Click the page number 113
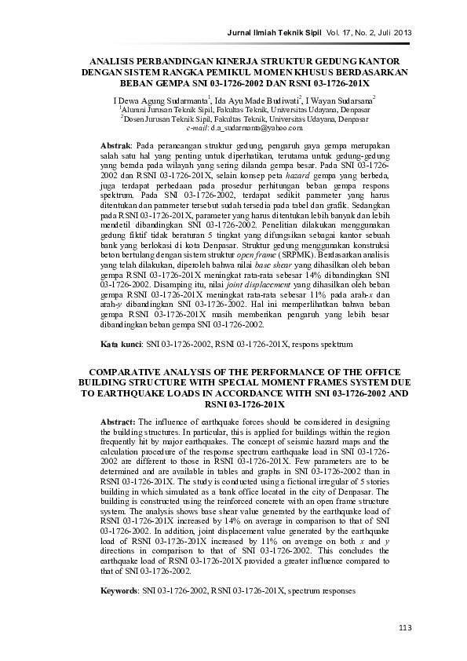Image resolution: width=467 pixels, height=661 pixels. [405, 626]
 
